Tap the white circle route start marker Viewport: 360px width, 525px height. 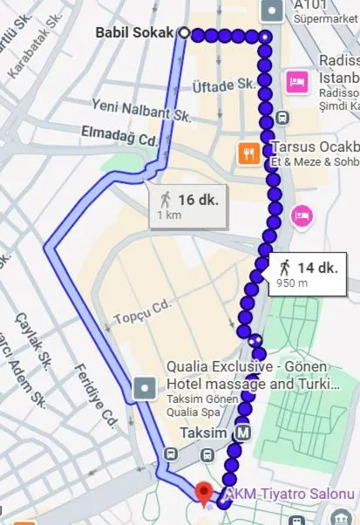point(184,33)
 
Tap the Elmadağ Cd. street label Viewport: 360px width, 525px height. point(119,138)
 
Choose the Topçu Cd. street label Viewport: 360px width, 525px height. point(135,312)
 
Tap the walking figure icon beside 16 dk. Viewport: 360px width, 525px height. point(166,200)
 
